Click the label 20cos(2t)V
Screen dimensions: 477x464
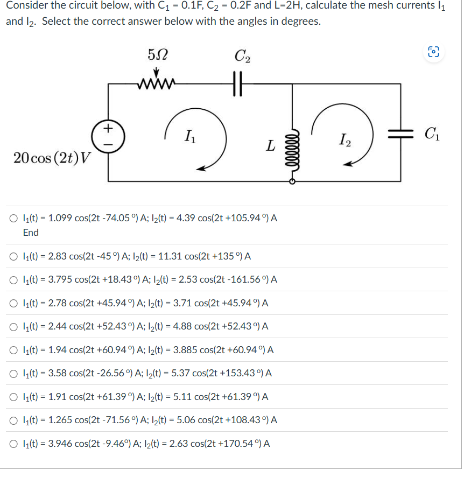[53, 159]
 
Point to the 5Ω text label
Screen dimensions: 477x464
[157, 54]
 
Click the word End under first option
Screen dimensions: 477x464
[31, 233]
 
